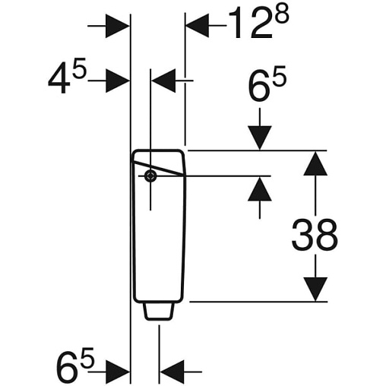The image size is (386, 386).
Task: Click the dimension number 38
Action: tap(315, 235)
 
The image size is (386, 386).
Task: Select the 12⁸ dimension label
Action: tap(258, 23)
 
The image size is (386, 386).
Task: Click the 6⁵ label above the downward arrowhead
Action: tap(267, 83)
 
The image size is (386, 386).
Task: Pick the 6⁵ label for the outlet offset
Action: tap(75, 365)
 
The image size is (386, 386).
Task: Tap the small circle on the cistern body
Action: tap(150, 176)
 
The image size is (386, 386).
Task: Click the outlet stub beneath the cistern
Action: tap(159, 312)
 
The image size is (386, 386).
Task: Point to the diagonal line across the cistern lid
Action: tap(159, 167)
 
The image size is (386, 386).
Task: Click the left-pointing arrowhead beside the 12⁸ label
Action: tap(197, 26)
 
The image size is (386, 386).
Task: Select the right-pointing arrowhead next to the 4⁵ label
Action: tap(118, 81)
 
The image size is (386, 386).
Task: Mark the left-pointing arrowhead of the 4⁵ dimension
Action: tap(163, 81)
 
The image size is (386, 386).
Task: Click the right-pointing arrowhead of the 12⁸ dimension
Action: tap(118, 26)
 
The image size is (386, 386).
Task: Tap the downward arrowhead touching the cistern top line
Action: tap(260, 138)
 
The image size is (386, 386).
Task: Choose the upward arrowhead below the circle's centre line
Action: tap(260, 189)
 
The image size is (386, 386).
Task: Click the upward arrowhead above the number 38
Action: tap(315, 163)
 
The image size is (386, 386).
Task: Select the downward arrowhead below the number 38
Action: tap(315, 289)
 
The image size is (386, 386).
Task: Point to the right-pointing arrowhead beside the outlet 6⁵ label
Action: tap(118, 372)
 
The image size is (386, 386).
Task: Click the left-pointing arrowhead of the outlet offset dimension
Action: tap(172, 372)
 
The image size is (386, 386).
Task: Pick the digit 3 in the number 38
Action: tap(302, 235)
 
